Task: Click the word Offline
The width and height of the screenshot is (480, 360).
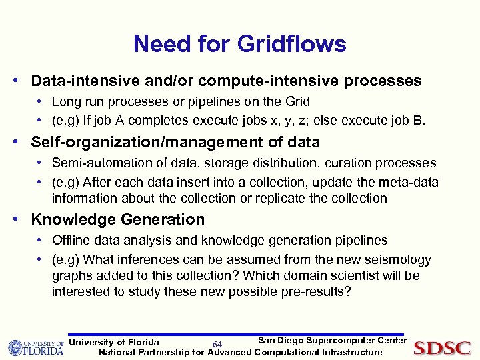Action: pyautogui.click(x=70, y=240)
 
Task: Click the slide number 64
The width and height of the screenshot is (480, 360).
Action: pyautogui.click(x=217, y=344)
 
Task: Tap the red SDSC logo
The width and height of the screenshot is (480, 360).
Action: pyautogui.click(x=442, y=347)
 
